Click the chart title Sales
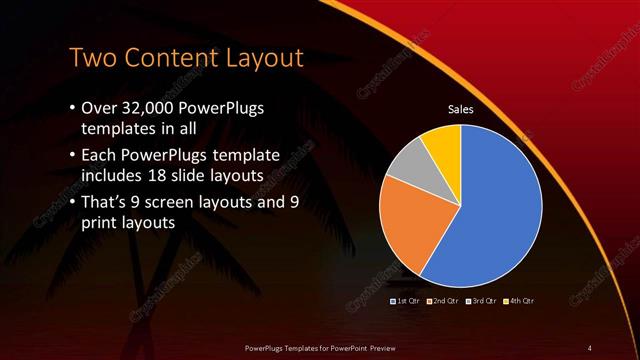click(x=460, y=110)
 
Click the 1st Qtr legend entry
click(x=405, y=300)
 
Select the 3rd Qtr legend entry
click(x=481, y=300)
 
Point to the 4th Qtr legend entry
click(x=519, y=300)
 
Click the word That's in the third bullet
click(x=107, y=202)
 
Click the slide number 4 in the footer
click(x=590, y=347)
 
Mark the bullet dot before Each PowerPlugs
click(x=72, y=156)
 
